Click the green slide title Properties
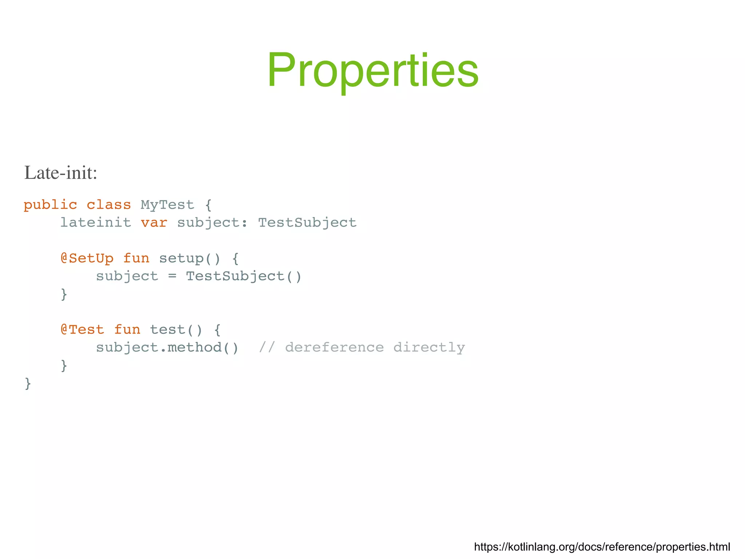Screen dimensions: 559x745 click(372, 70)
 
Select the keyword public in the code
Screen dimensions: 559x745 click(50, 205)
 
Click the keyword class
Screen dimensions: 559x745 click(109, 205)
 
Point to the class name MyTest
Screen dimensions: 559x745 click(167, 205)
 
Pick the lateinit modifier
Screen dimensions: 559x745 click(96, 223)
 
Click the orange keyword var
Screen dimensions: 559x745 click(154, 223)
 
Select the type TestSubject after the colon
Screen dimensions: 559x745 click(307, 223)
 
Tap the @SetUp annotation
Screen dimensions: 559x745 click(87, 258)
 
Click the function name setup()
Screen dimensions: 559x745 click(190, 258)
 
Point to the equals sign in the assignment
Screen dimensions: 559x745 click(172, 276)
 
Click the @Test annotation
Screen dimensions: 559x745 click(83, 330)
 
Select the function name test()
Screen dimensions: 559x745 click(176, 330)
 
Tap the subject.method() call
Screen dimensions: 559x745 click(167, 347)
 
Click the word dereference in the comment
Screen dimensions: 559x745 click(334, 347)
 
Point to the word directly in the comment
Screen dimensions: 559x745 click(429, 347)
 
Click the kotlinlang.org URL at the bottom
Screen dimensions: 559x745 click(602, 547)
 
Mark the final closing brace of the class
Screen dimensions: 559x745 click(28, 383)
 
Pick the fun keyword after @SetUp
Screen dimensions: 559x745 click(136, 258)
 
